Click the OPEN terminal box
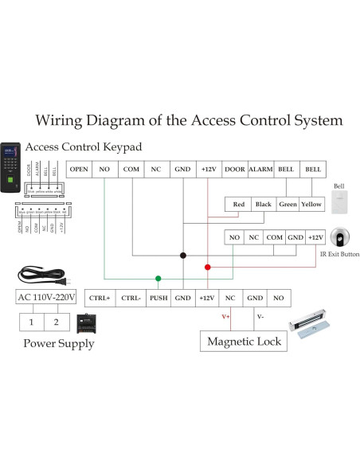click(79, 170)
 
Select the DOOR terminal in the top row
click(234, 170)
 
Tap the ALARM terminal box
click(260, 170)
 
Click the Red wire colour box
click(238, 205)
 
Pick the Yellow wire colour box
click(311, 205)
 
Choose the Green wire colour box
click(288, 205)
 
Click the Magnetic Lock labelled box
click(245, 342)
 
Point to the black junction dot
click(182, 256)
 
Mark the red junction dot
click(208, 267)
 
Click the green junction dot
click(158, 279)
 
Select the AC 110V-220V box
click(47, 298)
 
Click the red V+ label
click(225, 316)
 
